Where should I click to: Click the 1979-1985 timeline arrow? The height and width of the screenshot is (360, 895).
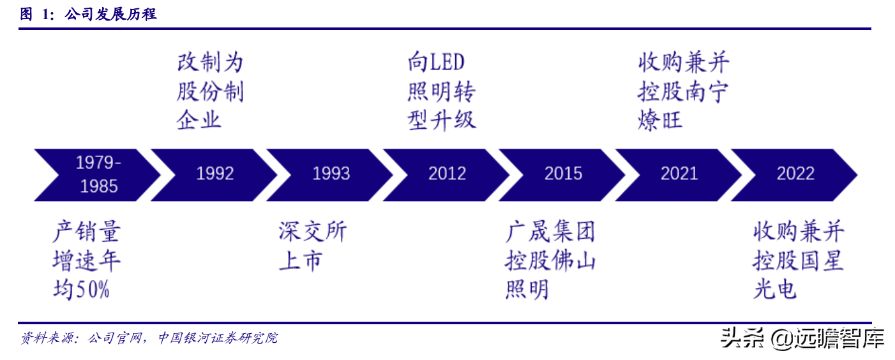point(98,175)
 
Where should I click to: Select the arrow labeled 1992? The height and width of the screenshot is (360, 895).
point(214,175)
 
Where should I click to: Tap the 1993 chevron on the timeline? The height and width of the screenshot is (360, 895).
point(331,175)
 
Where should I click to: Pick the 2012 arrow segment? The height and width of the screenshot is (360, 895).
point(447,175)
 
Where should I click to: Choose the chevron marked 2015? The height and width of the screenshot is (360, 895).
point(562,175)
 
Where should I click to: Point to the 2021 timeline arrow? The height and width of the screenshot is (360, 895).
point(679,175)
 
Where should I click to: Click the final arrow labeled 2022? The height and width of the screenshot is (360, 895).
point(795,175)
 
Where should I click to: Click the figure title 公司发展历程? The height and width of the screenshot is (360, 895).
point(110,14)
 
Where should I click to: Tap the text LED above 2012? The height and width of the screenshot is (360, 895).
point(447,63)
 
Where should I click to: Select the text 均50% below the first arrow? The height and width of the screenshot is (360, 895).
point(82,289)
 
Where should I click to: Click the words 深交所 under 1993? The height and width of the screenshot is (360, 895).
point(312,231)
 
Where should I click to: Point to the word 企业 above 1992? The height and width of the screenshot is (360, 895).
point(199,120)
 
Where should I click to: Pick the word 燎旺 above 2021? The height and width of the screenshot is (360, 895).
point(660,120)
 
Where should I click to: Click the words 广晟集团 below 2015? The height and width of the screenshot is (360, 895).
point(550,231)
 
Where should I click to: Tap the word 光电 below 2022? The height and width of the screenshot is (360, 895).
point(775,289)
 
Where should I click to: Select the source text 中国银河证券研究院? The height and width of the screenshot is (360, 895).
point(218,338)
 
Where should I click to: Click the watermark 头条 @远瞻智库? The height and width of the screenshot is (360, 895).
point(802,338)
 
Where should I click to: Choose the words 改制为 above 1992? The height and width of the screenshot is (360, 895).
point(210,63)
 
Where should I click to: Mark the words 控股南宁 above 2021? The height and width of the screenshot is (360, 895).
point(683,91)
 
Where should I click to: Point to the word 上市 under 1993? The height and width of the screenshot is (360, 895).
point(301,260)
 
